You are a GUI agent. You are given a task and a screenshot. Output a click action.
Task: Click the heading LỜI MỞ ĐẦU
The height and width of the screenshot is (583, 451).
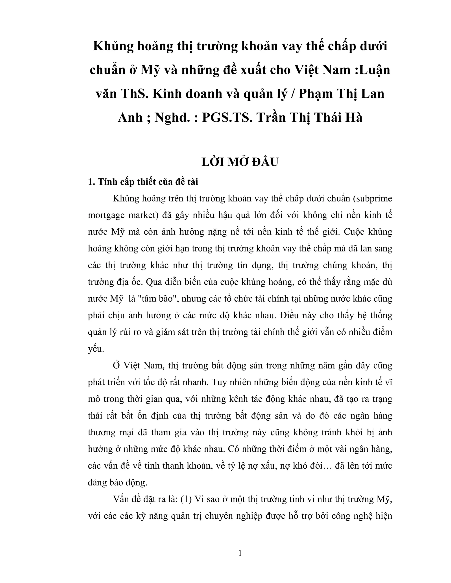[x=240, y=162]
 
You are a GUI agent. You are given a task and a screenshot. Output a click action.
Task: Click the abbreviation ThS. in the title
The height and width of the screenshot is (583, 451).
[x=134, y=94]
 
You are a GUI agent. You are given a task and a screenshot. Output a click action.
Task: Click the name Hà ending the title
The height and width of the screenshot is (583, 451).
[x=353, y=117]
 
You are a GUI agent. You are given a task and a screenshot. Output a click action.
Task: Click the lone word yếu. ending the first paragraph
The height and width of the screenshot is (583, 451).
[x=96, y=349]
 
